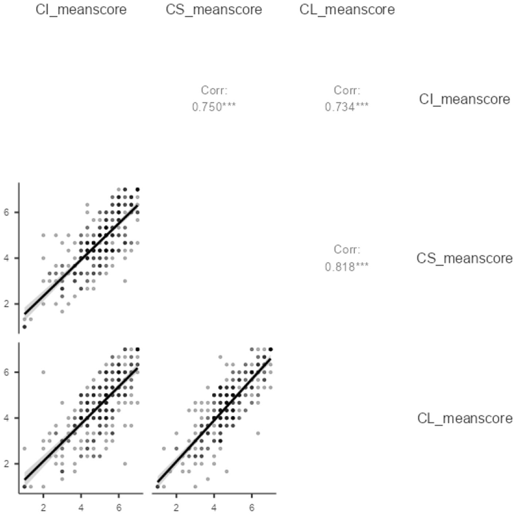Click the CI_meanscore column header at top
point(81,9)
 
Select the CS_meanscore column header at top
point(214,9)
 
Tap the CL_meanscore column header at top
point(347,9)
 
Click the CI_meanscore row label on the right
point(464,99)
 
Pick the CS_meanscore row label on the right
point(464,258)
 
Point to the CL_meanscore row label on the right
point(464,418)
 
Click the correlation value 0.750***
point(214,107)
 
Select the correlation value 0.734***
point(347,107)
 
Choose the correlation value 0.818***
point(347,267)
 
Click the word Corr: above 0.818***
point(347,249)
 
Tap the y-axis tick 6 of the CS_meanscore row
point(7,212)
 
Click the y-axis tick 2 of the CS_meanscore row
point(7,304)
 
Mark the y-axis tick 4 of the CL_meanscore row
point(7,418)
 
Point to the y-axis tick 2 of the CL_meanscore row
point(7,464)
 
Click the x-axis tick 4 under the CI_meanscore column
point(81,507)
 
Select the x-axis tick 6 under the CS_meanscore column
point(252,507)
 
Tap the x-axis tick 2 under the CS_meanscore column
point(176,507)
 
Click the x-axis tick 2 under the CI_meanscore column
point(43,507)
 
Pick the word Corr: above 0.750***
point(214,90)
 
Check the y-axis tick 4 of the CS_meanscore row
point(7,258)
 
